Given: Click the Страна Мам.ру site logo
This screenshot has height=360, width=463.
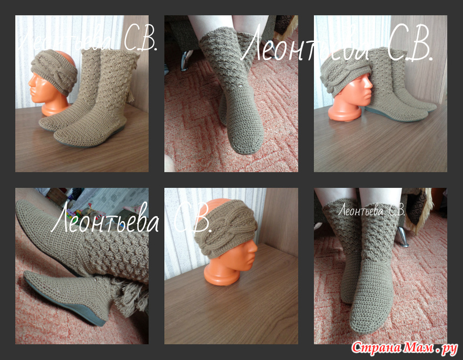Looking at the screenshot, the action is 404,348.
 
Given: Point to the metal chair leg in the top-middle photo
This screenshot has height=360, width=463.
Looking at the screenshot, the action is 185,60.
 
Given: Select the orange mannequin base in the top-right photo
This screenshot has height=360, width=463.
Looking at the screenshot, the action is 345,112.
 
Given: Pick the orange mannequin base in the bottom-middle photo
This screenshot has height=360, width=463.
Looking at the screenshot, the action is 221,274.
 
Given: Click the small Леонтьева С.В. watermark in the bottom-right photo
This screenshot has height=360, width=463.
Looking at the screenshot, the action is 371,210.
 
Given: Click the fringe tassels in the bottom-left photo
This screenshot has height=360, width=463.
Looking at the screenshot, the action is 130,295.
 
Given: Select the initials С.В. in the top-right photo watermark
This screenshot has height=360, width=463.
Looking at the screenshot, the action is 410,47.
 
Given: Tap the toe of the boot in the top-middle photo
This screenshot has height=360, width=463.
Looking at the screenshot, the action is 245,145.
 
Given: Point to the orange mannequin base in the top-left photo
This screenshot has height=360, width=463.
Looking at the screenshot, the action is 55,109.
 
